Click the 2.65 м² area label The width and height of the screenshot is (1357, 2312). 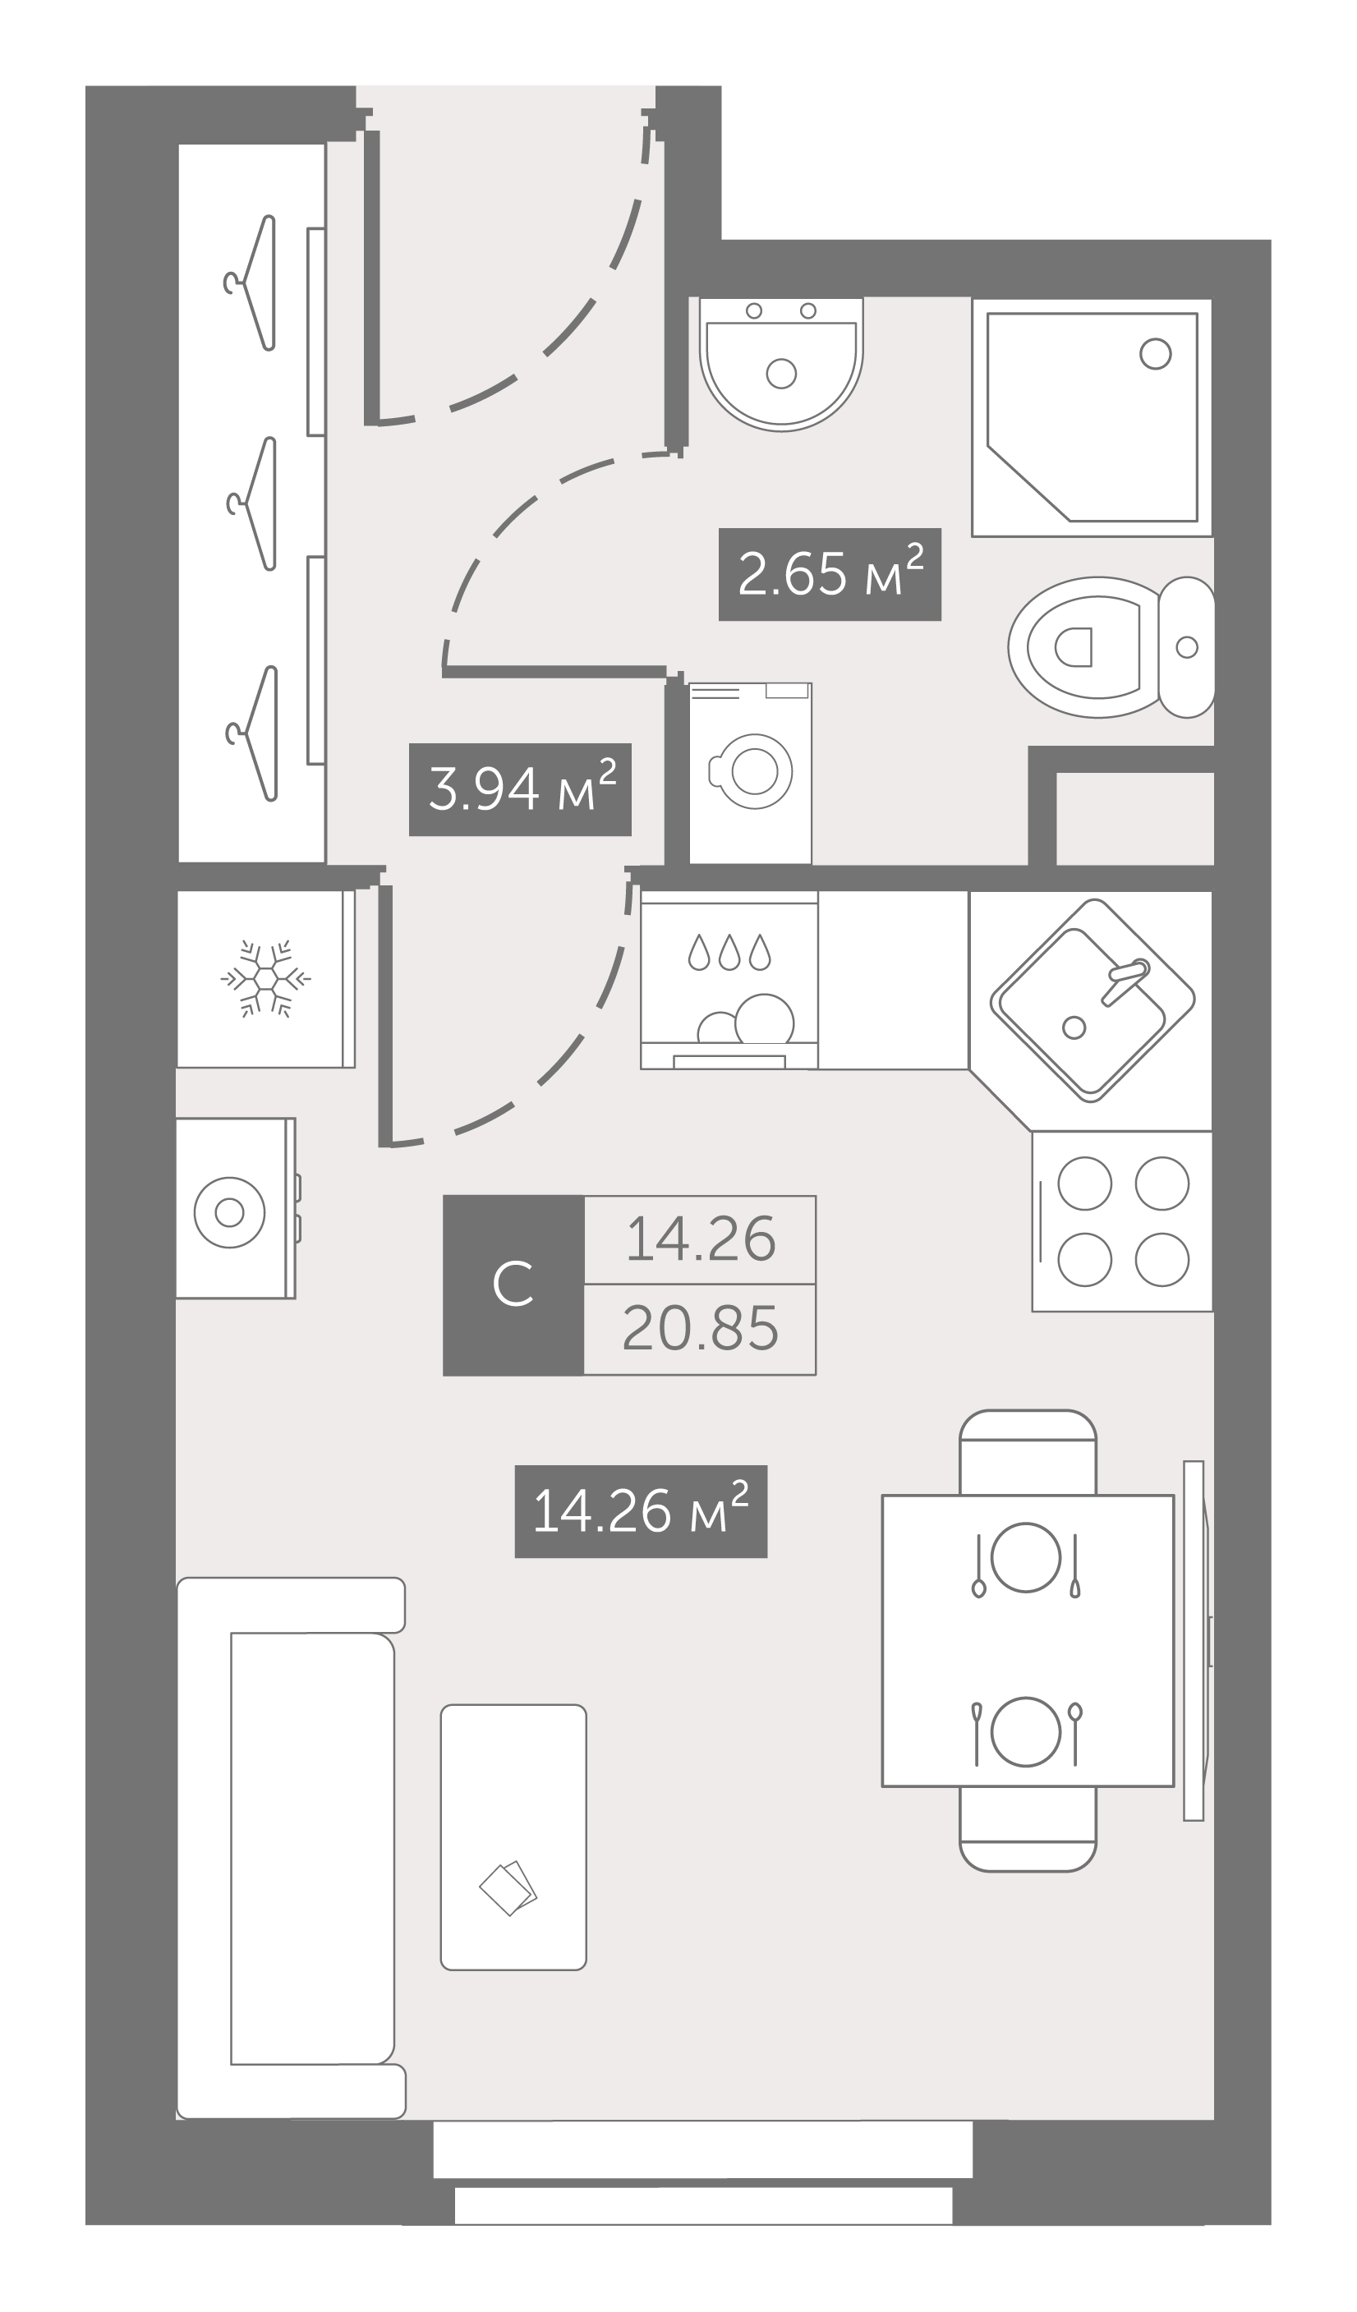tap(830, 574)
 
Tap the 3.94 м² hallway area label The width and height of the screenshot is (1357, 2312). tap(520, 789)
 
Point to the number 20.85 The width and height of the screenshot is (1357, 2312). tap(700, 1329)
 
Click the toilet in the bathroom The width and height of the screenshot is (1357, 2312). tap(1111, 647)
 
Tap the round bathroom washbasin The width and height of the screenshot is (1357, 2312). tap(781, 363)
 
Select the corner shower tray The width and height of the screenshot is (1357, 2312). tap(1092, 417)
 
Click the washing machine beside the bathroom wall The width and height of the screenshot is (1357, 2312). tap(751, 773)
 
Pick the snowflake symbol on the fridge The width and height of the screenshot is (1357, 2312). tap(266, 978)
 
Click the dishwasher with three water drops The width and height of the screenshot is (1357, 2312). tap(729, 980)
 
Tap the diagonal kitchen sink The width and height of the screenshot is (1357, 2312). tap(1092, 1000)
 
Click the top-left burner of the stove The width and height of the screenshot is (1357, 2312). tap(1084, 1184)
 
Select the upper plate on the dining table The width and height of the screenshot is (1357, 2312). tap(1026, 1557)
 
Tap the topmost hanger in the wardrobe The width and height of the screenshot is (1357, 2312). tap(250, 283)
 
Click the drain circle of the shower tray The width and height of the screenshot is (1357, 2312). tap(1155, 353)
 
